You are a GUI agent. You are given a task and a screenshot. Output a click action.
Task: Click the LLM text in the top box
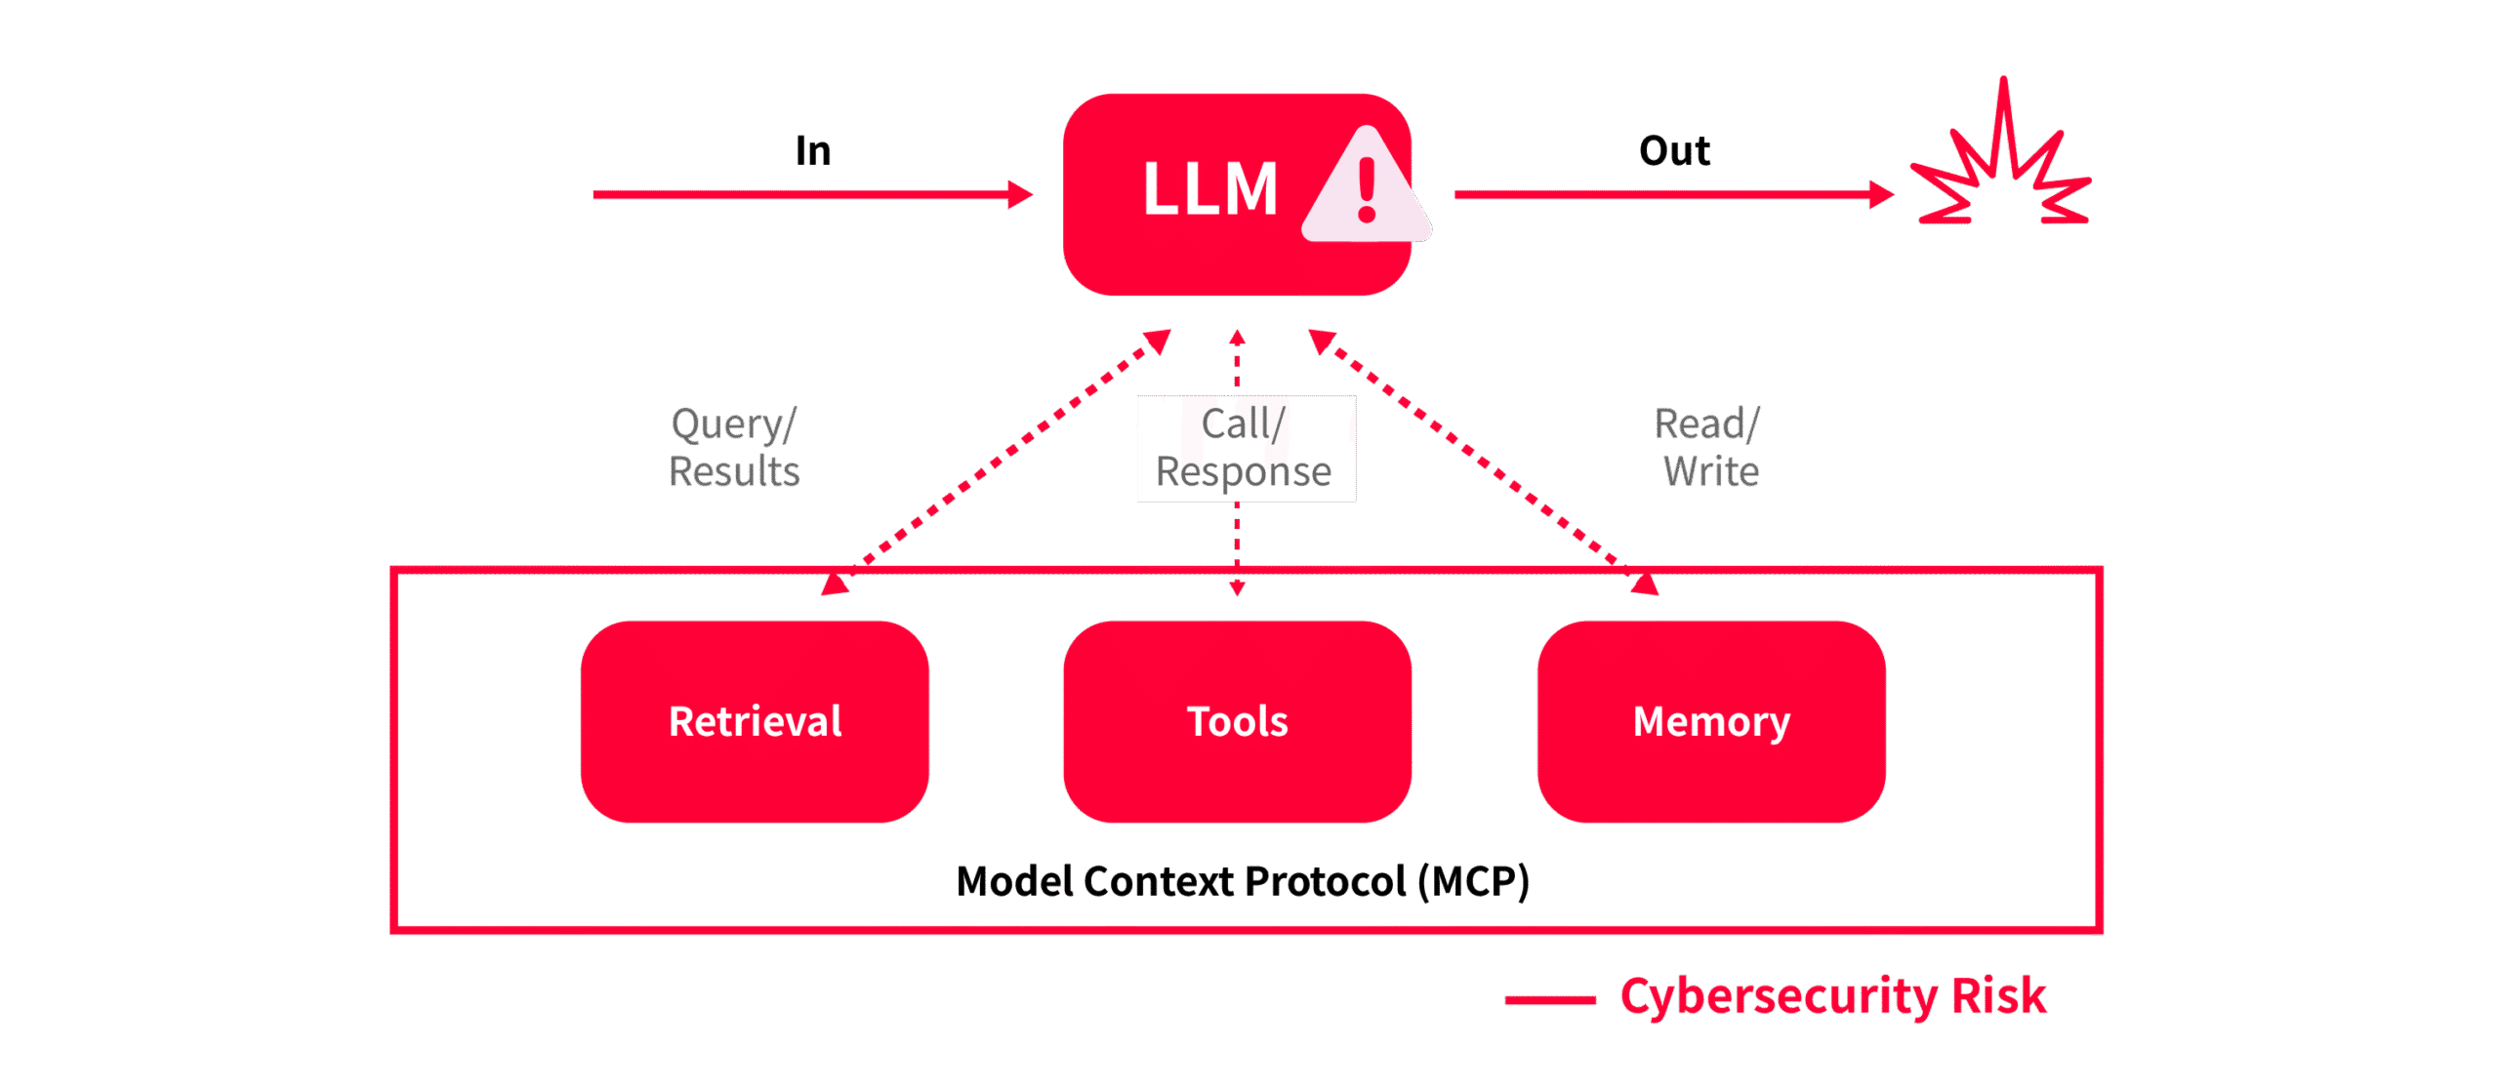(x=1209, y=188)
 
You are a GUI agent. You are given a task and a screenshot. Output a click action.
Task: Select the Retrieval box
(x=755, y=721)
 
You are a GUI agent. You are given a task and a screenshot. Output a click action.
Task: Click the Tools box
(x=1237, y=721)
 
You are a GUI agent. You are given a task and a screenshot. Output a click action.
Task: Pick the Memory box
(x=1711, y=721)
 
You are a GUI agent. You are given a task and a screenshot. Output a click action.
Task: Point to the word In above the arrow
(x=813, y=151)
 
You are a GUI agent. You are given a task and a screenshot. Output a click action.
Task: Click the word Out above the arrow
(x=1674, y=151)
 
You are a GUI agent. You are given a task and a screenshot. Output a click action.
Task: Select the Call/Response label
(x=1245, y=448)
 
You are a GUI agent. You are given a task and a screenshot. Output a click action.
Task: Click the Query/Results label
(x=734, y=448)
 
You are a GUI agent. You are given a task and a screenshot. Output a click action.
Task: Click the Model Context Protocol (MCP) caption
(x=1242, y=881)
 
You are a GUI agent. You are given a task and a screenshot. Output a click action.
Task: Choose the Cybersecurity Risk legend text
(x=1832, y=996)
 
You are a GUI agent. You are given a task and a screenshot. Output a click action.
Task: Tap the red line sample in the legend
(x=1549, y=999)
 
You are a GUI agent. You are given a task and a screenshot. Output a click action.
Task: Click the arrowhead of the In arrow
(x=1021, y=194)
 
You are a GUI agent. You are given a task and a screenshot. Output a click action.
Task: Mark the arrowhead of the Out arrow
(x=1881, y=194)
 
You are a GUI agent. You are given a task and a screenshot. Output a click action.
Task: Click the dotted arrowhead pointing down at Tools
(x=1237, y=587)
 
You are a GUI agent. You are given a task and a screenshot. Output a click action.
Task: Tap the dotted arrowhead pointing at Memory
(x=1645, y=584)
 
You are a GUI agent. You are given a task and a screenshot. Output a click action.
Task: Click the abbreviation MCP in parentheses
(x=1473, y=881)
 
